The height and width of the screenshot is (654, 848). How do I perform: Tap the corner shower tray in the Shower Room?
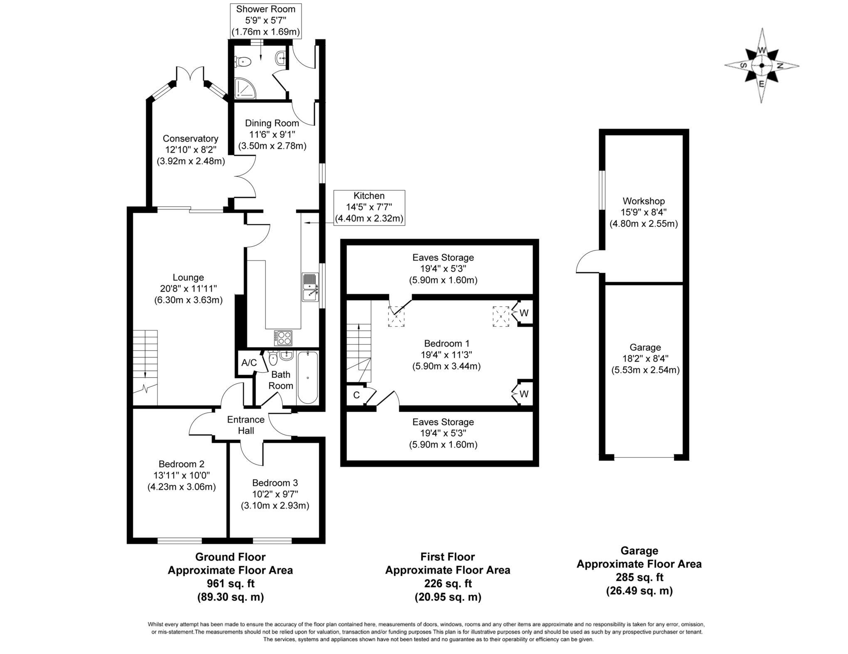(245, 89)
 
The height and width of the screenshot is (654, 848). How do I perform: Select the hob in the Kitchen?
(283, 338)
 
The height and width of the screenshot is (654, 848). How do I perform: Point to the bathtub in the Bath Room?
(308, 377)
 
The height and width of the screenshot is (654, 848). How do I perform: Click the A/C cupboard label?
(249, 363)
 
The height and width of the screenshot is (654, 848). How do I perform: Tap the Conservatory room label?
(190, 139)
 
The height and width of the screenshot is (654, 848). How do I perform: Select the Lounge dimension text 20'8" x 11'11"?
(188, 288)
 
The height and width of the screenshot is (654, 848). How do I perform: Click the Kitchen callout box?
(369, 207)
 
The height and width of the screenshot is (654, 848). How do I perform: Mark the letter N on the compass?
(780, 66)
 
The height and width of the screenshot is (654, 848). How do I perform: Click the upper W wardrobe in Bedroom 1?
(524, 313)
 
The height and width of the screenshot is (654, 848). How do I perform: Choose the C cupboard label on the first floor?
(356, 395)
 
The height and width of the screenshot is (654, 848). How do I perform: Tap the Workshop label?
(643, 201)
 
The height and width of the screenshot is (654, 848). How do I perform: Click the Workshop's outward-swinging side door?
(588, 262)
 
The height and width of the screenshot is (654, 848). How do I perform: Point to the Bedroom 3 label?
(275, 483)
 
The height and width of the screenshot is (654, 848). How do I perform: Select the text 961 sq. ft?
(230, 583)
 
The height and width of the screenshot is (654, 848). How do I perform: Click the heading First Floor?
(447, 556)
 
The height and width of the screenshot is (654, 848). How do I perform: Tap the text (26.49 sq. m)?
(639, 590)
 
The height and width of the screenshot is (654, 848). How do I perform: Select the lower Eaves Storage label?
(443, 422)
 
